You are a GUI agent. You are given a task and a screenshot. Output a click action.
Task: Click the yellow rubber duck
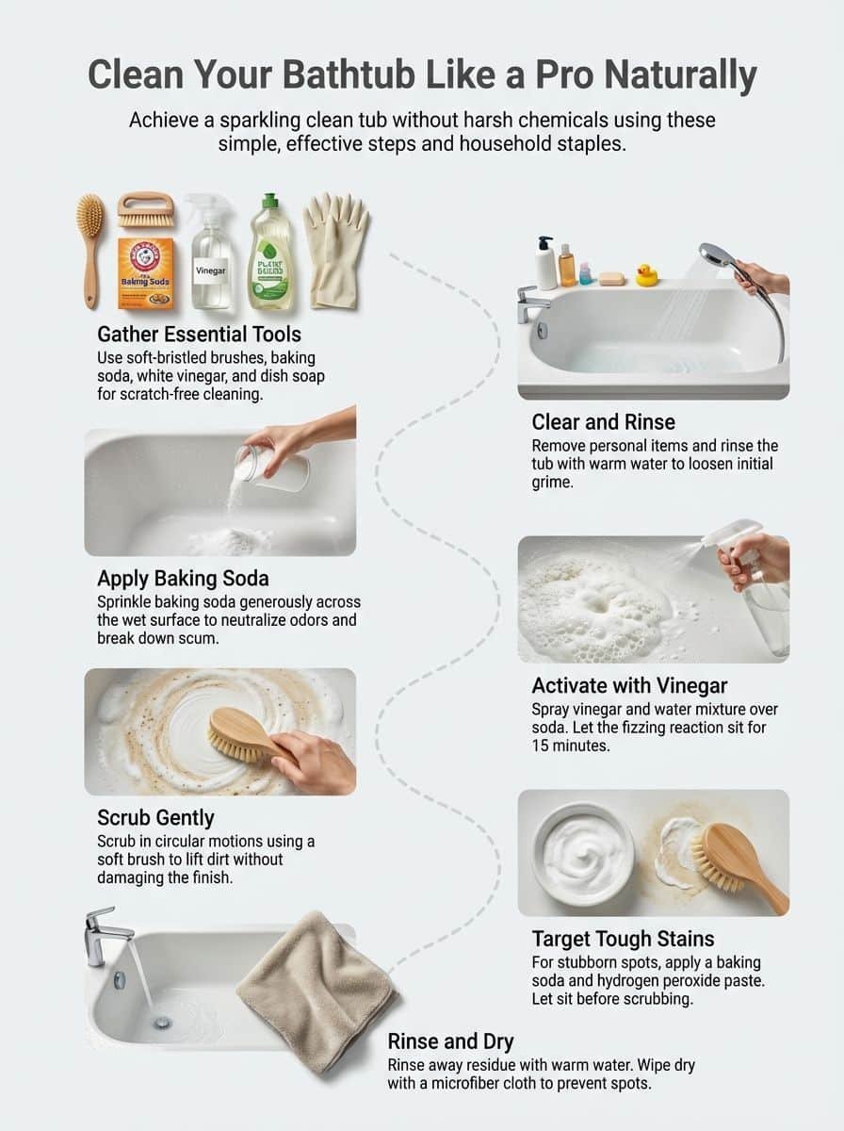click(646, 275)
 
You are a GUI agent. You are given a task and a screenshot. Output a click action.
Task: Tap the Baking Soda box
click(146, 273)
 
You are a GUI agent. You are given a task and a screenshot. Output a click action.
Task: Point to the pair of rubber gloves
click(335, 249)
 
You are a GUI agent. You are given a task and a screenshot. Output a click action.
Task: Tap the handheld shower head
click(720, 256)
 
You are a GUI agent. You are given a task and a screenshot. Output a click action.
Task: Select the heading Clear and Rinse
click(603, 421)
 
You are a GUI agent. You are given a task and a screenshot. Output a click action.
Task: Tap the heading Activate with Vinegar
click(629, 684)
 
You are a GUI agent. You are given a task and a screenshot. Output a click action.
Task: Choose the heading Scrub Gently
click(155, 816)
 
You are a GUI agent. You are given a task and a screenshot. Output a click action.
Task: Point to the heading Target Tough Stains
click(623, 939)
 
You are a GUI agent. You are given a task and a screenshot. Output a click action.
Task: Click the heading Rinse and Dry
click(450, 1041)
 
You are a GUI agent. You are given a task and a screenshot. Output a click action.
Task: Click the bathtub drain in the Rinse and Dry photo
click(163, 1022)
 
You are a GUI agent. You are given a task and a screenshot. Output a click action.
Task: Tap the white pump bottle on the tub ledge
click(546, 263)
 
